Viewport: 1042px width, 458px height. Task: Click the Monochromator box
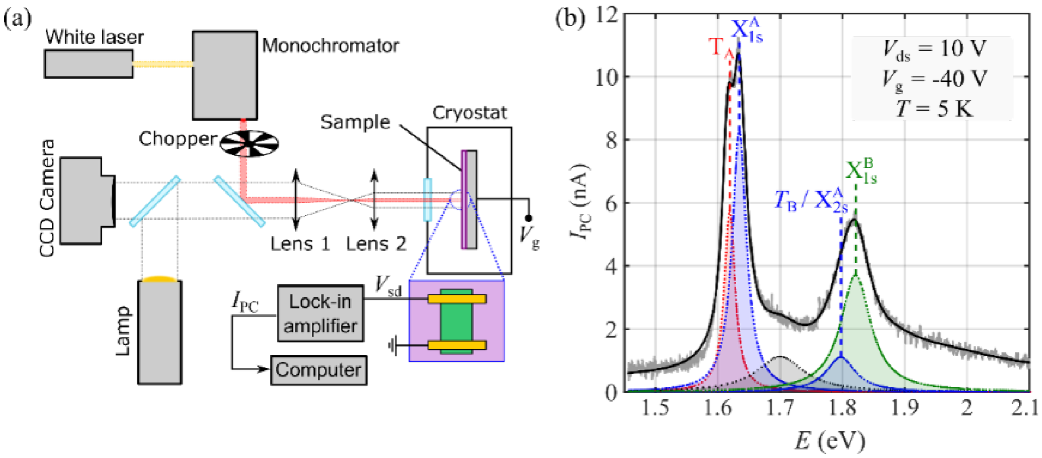[x=225, y=75]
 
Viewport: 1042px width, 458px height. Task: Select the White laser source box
[x=89, y=64]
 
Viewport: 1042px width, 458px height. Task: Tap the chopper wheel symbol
[x=249, y=143]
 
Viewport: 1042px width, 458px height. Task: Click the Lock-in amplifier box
[x=320, y=314]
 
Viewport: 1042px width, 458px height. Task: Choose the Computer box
[x=319, y=370]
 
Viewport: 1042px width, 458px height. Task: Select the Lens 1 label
[x=300, y=244]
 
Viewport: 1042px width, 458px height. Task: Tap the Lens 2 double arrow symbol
[x=375, y=200]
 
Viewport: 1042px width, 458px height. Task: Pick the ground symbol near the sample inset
[x=394, y=346]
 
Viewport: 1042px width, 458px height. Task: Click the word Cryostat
[x=469, y=113]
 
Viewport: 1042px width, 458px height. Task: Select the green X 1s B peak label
[x=861, y=172]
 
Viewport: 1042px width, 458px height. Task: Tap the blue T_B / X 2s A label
[x=810, y=201]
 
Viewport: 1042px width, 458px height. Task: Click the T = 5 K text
[x=933, y=109]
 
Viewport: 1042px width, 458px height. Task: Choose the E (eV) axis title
[x=830, y=440]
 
